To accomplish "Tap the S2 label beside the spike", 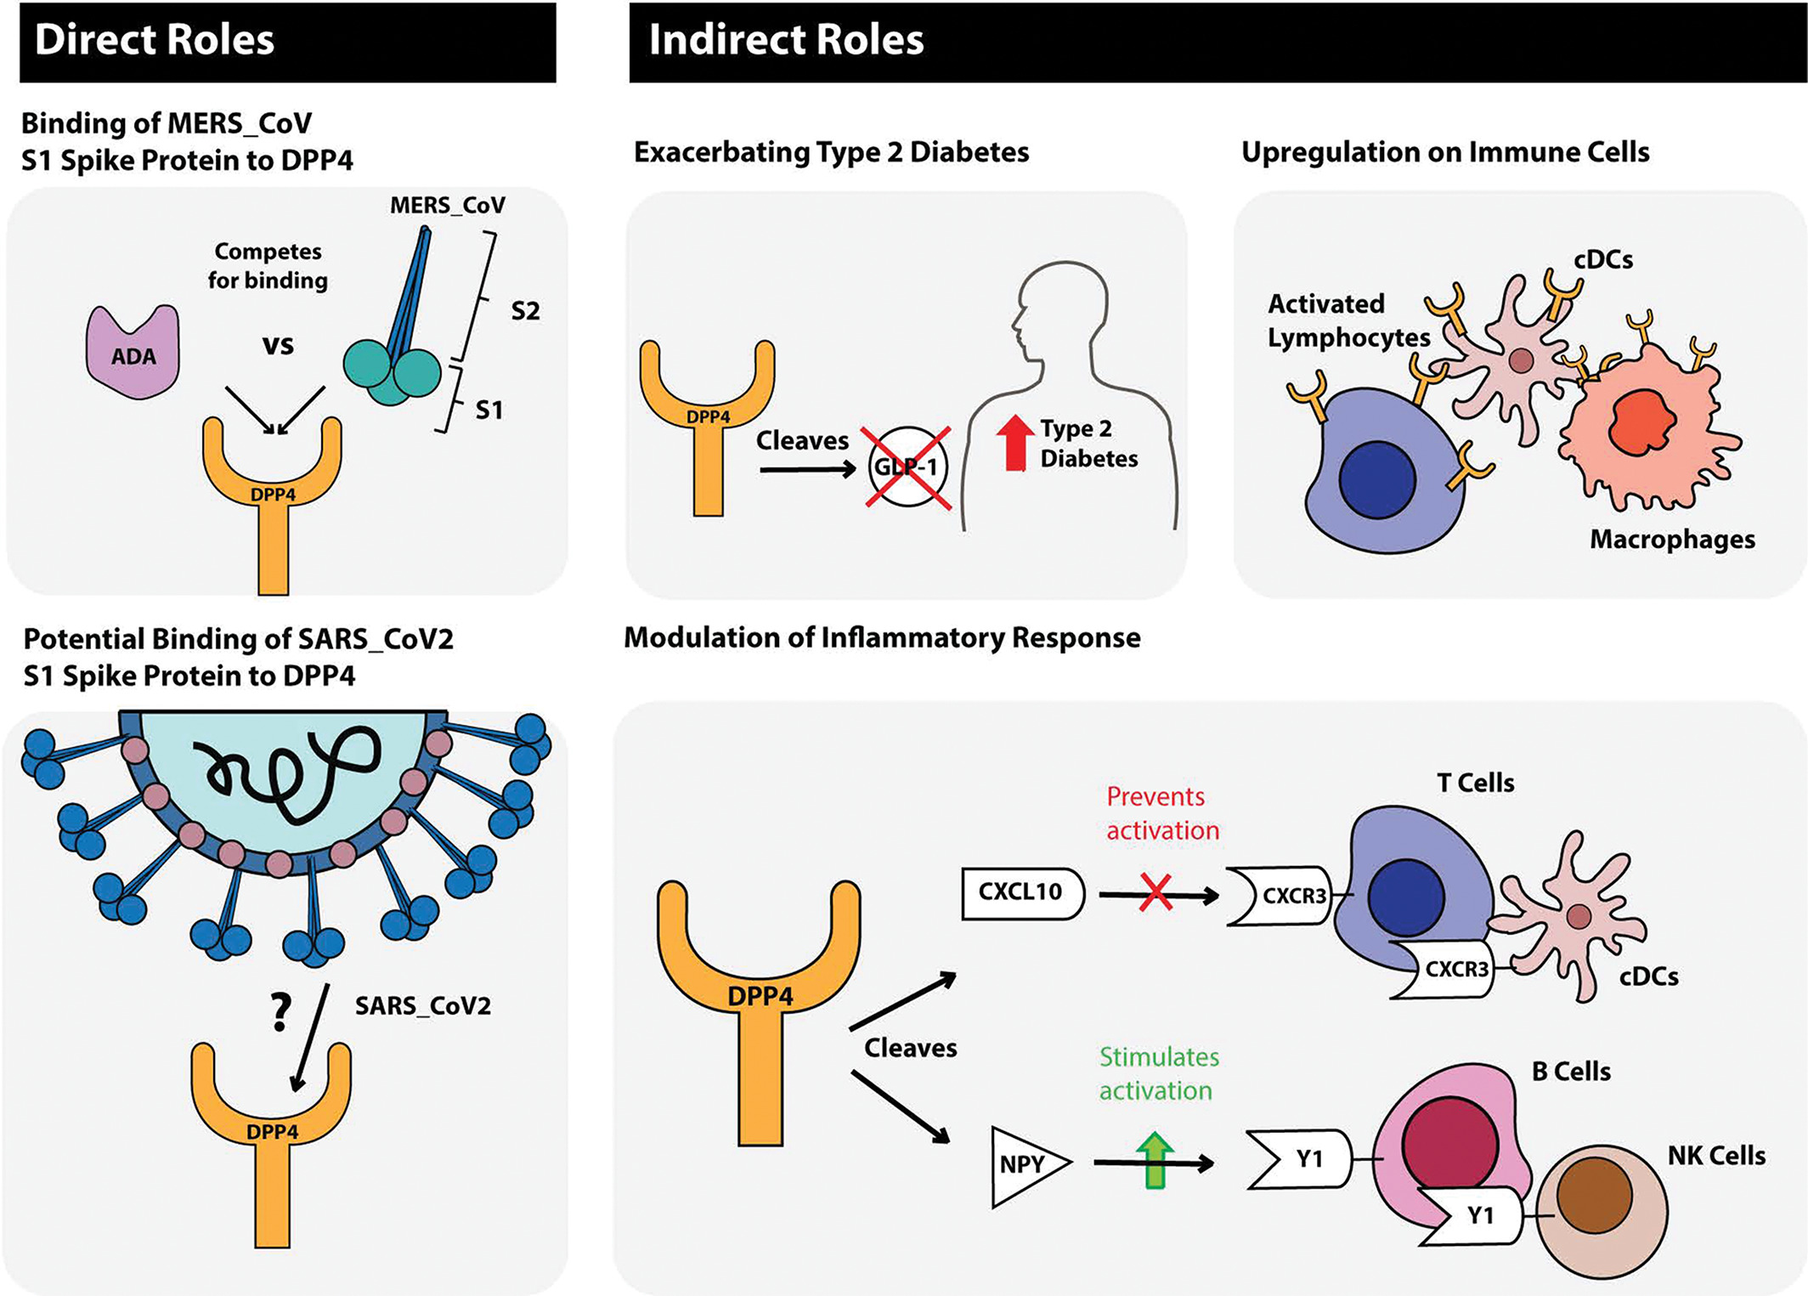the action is point(525,311).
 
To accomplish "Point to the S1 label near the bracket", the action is point(489,410).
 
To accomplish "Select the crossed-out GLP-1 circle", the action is point(907,467).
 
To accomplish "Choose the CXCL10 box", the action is point(1023,893).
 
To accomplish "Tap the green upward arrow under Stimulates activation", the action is point(1155,1159).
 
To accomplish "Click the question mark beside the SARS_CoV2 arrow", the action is point(280,1011).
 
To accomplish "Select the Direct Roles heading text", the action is point(155,40).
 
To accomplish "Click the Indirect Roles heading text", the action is point(786,40).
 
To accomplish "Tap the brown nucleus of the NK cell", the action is point(1594,1195).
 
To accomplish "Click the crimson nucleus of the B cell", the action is point(1449,1144).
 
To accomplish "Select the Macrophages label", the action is point(1672,539).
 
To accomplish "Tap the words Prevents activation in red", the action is point(1162,813).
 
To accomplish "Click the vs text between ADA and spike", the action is point(278,345).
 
